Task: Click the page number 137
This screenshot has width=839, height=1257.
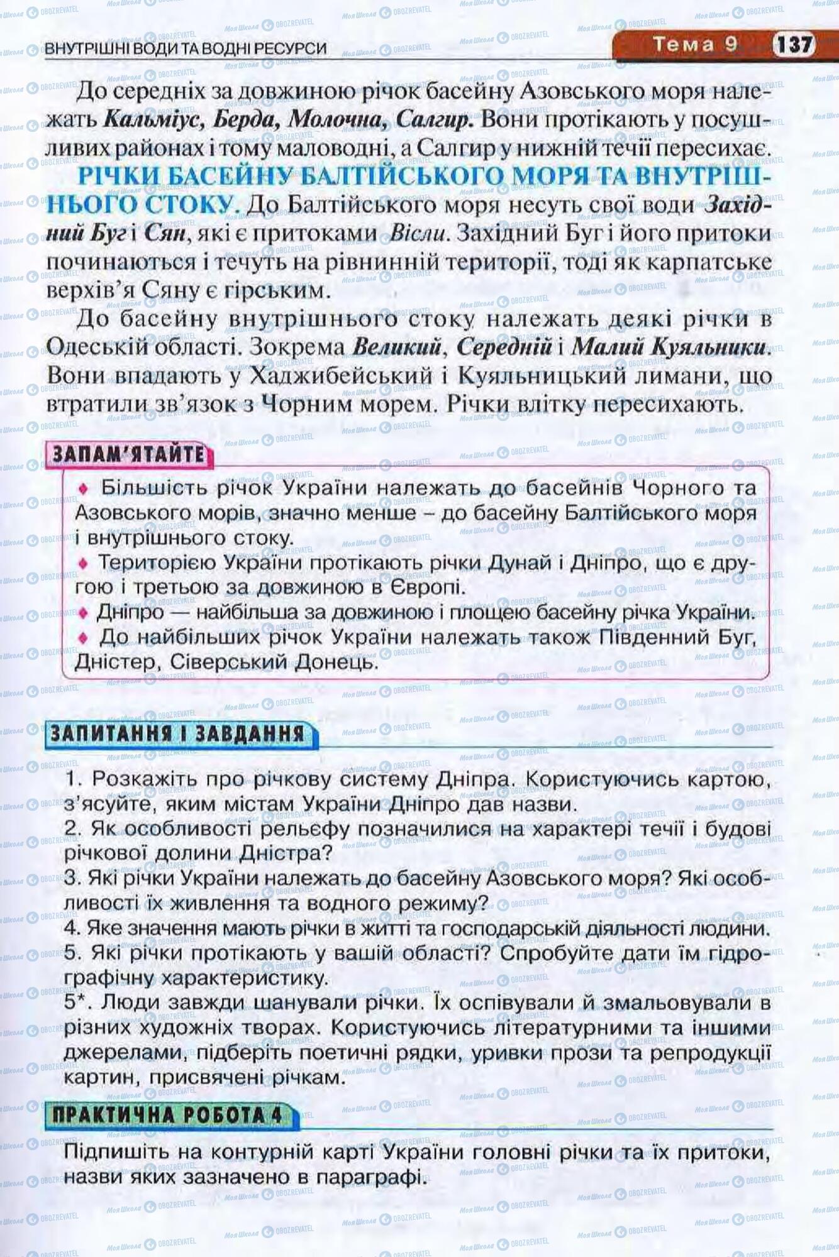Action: click(794, 45)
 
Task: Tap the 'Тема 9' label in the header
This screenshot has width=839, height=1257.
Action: click(694, 44)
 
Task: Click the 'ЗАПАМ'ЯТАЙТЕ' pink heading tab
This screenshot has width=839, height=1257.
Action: click(128, 454)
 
